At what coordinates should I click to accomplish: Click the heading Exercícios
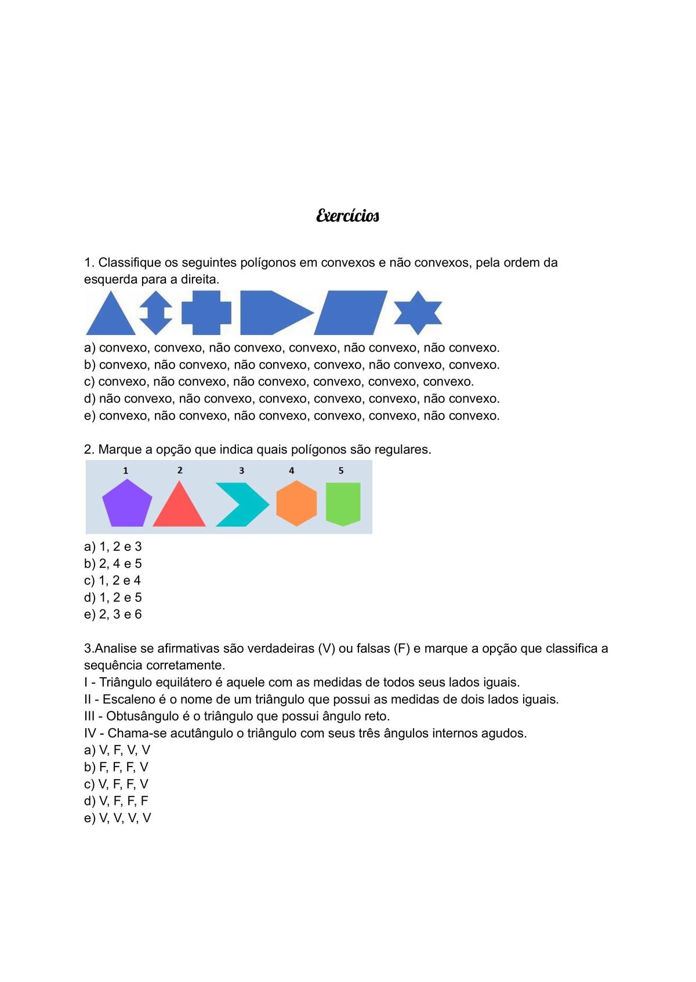click(347, 216)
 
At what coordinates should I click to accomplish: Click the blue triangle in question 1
click(111, 317)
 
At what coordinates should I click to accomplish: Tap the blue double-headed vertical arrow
click(156, 313)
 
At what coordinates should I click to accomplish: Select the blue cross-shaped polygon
click(206, 313)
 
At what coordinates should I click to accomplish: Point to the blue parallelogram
click(350, 313)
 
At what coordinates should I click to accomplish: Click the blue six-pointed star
click(418, 313)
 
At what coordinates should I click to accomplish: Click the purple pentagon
click(127, 504)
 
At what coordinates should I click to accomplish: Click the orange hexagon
click(296, 503)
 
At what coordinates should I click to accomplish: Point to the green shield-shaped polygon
click(343, 503)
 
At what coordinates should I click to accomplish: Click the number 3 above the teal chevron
click(241, 471)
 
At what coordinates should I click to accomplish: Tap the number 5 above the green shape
click(341, 471)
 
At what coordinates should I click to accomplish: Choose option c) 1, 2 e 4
click(113, 581)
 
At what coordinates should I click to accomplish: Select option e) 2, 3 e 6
click(113, 614)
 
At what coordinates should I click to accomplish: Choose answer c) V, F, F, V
click(116, 784)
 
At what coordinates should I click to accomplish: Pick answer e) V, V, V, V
click(117, 818)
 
